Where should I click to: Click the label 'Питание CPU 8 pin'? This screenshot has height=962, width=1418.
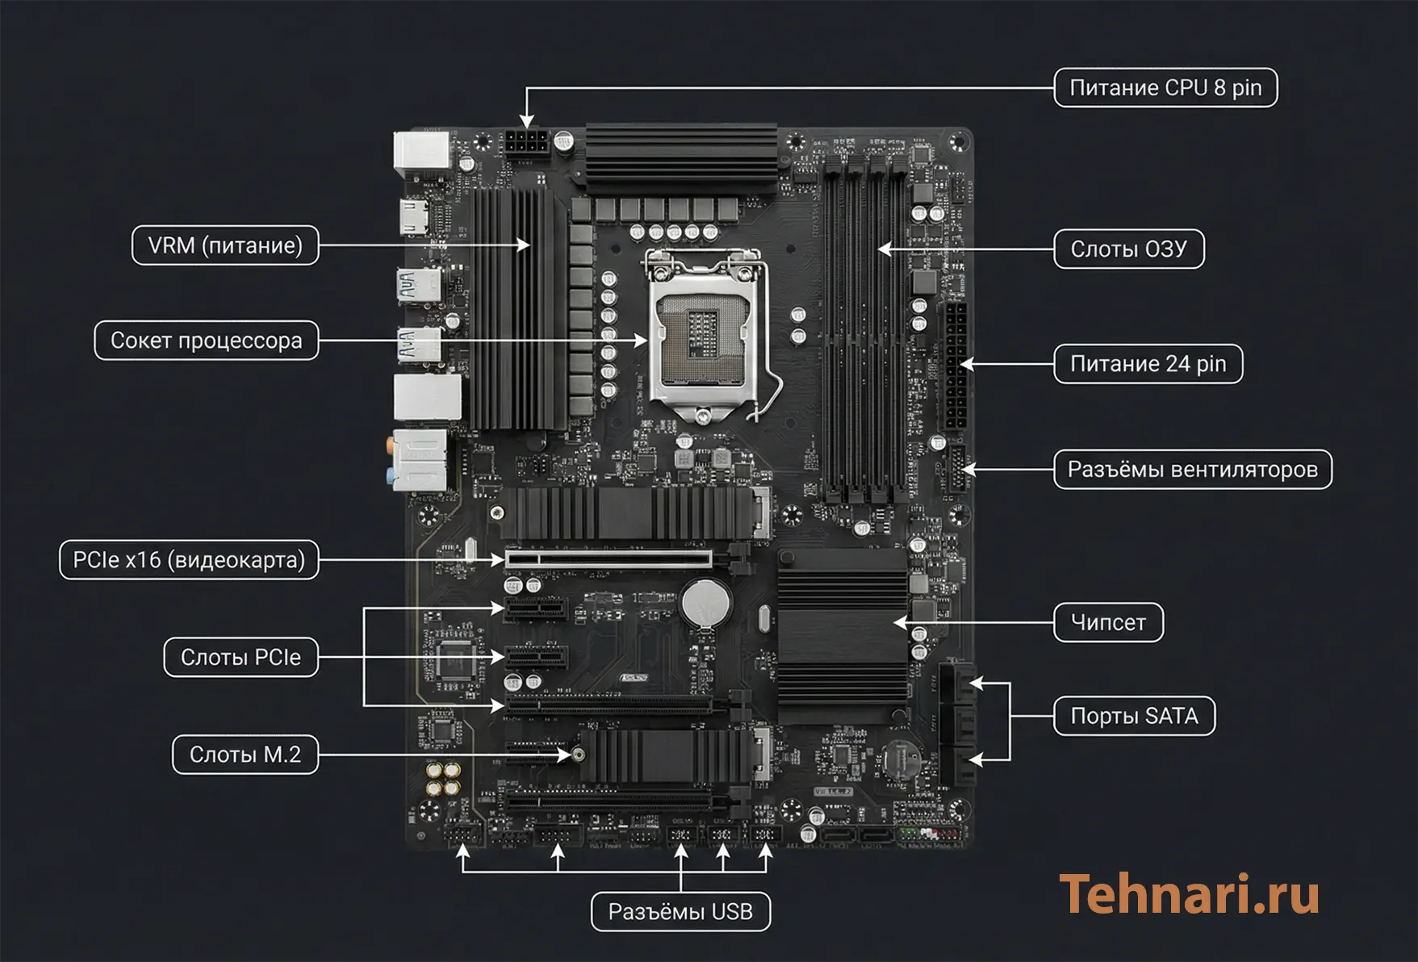(1165, 88)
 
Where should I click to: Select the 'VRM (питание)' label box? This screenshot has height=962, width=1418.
(225, 245)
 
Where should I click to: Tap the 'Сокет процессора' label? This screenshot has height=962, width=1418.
(206, 341)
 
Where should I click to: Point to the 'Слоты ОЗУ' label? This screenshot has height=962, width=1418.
(1128, 249)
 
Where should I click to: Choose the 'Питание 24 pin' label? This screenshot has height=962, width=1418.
(1148, 364)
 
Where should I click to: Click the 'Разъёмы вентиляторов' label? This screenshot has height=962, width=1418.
(1192, 470)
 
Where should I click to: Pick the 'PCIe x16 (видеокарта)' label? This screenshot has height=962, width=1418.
(189, 560)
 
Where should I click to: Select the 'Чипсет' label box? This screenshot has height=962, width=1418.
(1107, 622)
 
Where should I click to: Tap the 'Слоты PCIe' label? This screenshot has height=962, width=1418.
(241, 658)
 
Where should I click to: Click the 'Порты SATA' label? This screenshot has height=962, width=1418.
(1134, 716)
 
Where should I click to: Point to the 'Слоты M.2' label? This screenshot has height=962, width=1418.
(245, 755)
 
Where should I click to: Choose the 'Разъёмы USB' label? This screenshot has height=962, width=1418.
(680, 912)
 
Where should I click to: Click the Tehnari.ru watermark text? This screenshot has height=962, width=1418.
(1189, 894)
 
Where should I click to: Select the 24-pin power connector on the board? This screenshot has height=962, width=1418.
(955, 367)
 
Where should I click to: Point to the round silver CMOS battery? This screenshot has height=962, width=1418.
(705, 601)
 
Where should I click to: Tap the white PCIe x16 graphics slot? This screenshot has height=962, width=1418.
(609, 558)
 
